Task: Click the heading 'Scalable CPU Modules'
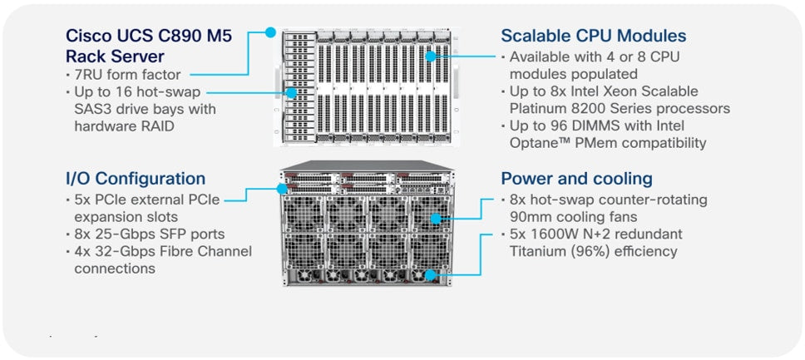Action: [x=593, y=36]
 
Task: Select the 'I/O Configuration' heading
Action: [x=135, y=179]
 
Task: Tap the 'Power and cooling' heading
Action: [x=576, y=179]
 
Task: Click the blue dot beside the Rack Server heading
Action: [x=270, y=33]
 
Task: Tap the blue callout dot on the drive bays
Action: [x=290, y=91]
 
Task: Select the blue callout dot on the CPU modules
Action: [x=431, y=56]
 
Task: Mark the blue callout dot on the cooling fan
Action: [x=436, y=218]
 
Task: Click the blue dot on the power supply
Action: [x=431, y=275]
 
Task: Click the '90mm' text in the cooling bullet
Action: [x=528, y=217]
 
